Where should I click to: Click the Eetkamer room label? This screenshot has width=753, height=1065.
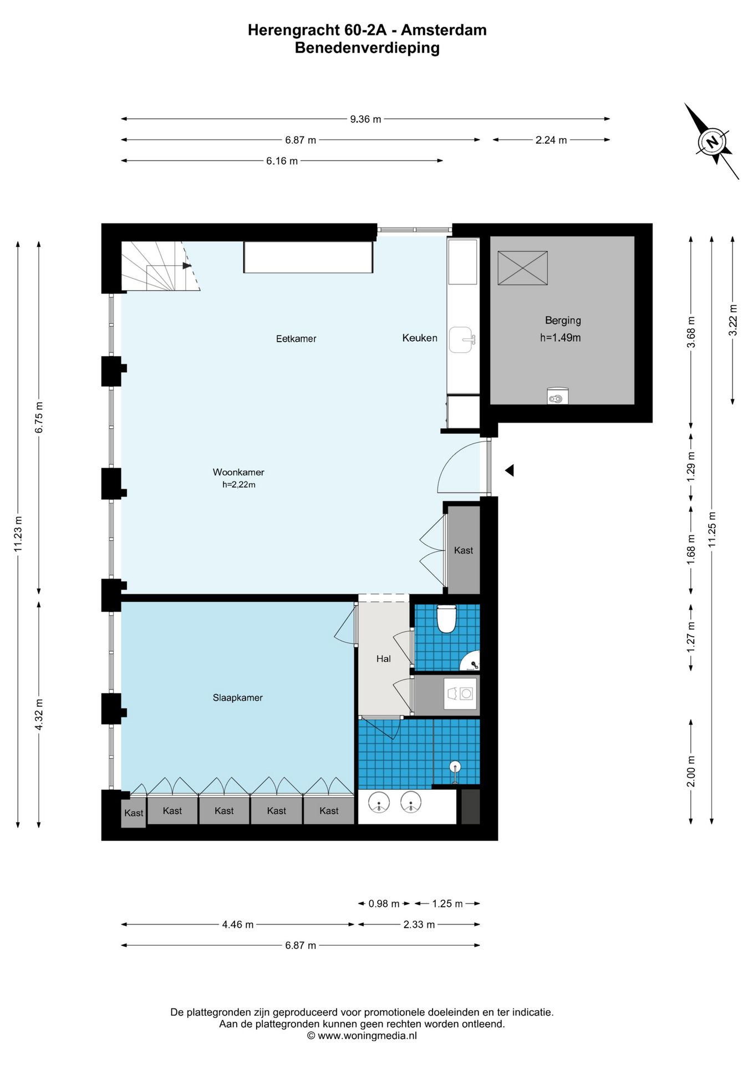tap(296, 338)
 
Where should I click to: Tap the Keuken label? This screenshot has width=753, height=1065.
tap(420, 338)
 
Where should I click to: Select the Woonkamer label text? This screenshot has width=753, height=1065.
tap(238, 472)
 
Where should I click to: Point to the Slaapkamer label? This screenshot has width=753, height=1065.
tap(237, 698)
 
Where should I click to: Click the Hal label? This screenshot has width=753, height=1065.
tap(383, 658)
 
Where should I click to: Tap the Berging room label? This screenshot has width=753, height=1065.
tap(563, 320)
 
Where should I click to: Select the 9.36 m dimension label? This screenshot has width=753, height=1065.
tap(365, 119)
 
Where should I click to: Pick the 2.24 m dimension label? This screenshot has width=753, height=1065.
tap(551, 140)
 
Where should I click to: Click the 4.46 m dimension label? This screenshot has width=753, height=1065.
tap(237, 924)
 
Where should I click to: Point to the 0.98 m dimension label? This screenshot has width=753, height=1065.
tap(384, 904)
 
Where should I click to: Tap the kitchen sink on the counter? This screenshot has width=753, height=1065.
tap(461, 339)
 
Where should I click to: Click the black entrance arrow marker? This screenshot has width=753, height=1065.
tap(509, 470)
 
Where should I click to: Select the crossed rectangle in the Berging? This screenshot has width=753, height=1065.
tap(522, 268)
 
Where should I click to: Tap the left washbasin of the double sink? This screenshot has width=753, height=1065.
tap(379, 802)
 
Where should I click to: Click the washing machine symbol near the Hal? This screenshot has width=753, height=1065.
tap(460, 694)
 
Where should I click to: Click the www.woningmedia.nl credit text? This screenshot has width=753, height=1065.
tap(367, 1036)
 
